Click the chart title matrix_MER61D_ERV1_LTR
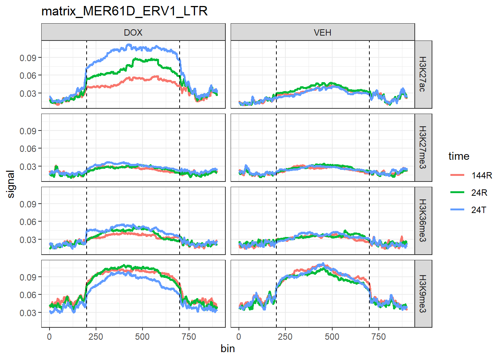tap(124, 11)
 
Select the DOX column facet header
tap(133, 32)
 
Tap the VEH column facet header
tap(322, 32)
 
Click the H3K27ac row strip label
tap(423, 74)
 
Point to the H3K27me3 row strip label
tap(423, 147)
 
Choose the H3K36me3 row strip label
tap(423, 220)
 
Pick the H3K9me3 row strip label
tap(423, 294)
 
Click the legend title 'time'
tap(459, 156)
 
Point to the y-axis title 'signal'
tap(11, 184)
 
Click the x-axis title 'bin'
tap(228, 349)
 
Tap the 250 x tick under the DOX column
tap(96, 337)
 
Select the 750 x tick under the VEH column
tap(378, 337)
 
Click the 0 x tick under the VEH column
tap(239, 337)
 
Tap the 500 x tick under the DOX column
tap(142, 337)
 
